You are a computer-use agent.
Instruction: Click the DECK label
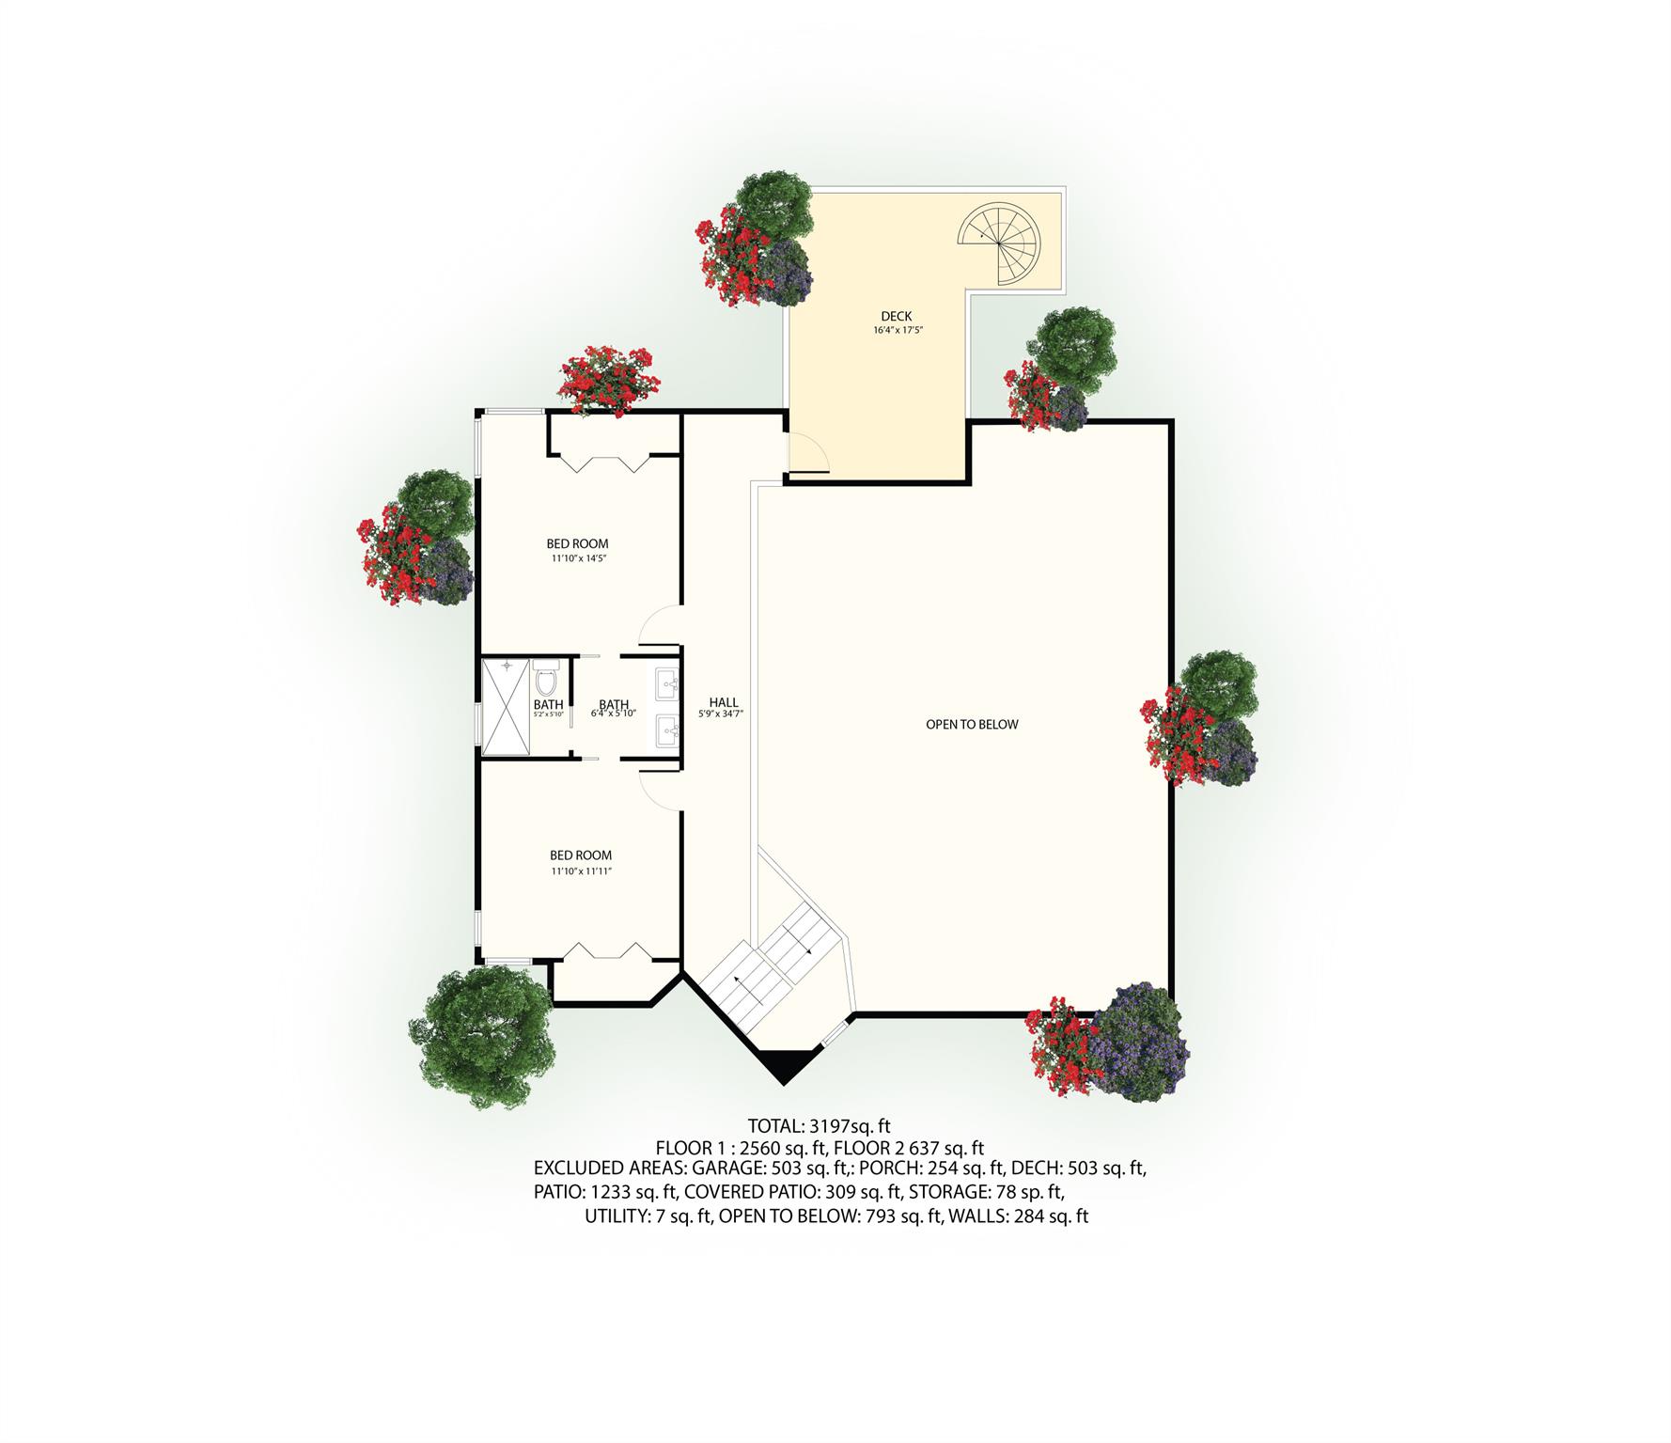(x=896, y=316)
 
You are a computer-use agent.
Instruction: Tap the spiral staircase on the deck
(x=1000, y=243)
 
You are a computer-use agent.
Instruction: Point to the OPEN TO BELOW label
(x=972, y=724)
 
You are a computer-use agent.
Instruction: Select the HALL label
(x=724, y=702)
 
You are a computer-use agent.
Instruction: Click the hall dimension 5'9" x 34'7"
(x=722, y=714)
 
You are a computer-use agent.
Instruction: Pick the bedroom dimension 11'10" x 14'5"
(x=577, y=558)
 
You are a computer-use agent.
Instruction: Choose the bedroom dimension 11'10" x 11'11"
(x=581, y=871)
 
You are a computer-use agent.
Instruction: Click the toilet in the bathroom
(x=546, y=679)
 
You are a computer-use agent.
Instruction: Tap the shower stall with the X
(x=507, y=708)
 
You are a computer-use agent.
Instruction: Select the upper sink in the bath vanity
(x=668, y=681)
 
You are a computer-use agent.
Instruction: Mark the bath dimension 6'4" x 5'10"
(x=614, y=714)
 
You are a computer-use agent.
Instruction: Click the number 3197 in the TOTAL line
(x=830, y=1125)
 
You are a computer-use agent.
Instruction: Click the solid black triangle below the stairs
(x=783, y=1065)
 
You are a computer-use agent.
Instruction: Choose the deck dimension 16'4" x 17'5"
(x=896, y=330)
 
